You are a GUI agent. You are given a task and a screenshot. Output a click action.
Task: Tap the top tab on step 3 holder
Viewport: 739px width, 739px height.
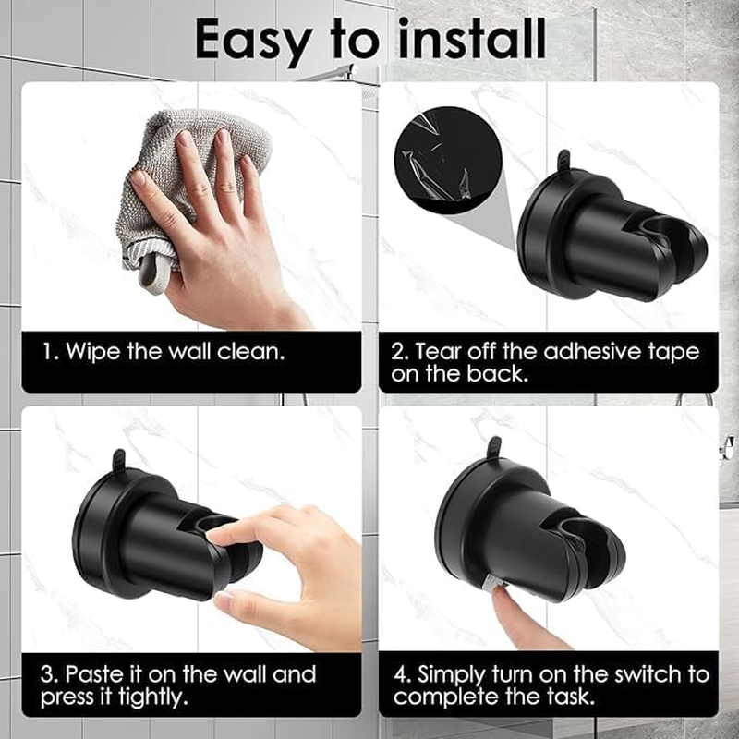tap(117, 460)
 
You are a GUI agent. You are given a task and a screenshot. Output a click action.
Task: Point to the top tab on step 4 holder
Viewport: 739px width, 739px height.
tap(494, 447)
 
